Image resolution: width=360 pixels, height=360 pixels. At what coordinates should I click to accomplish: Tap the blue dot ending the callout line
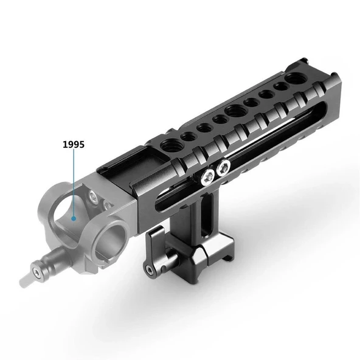(x=74, y=217)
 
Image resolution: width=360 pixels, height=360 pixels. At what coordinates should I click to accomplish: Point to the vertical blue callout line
(x=74, y=182)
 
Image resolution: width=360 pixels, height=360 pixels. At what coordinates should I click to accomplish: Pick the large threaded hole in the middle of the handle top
(x=234, y=111)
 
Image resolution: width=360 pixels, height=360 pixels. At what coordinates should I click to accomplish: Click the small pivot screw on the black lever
(x=150, y=270)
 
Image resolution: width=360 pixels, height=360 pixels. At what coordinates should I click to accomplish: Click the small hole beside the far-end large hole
(x=281, y=88)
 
